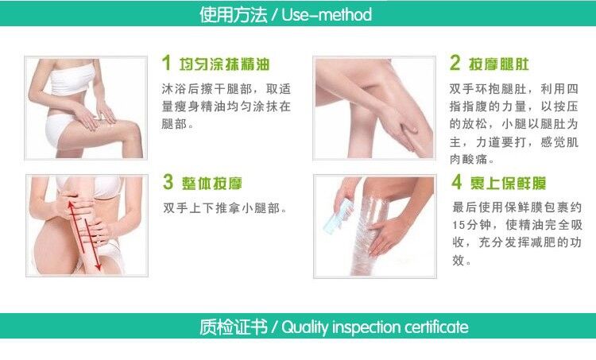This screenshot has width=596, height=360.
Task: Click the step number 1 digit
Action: pyautogui.click(x=166, y=63)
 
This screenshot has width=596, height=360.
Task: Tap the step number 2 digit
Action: pyautogui.click(x=455, y=63)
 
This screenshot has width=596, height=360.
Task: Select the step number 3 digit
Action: pyautogui.click(x=168, y=182)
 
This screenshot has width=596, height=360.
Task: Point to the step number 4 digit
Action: pyautogui.click(x=457, y=182)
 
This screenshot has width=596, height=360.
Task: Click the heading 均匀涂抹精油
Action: pyautogui.click(x=224, y=64)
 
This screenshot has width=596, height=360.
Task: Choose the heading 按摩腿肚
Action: pyautogui.click(x=499, y=64)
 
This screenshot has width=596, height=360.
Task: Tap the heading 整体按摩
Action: pyautogui.click(x=211, y=184)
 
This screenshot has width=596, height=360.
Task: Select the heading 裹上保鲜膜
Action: pyautogui.click(x=508, y=184)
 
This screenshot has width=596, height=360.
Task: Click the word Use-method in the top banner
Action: pyautogui.click(x=327, y=14)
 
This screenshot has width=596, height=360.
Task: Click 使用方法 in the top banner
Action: pyautogui.click(x=233, y=14)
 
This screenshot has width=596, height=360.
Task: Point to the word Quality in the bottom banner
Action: pyautogui.click(x=305, y=327)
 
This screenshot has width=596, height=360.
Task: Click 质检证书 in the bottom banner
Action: pyautogui.click(x=234, y=327)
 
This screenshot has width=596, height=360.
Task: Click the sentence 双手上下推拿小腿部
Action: pyautogui.click(x=225, y=208)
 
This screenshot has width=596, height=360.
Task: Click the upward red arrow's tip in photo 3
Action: pyautogui.click(x=70, y=202)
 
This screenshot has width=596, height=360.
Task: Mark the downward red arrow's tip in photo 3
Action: pyautogui.click(x=99, y=269)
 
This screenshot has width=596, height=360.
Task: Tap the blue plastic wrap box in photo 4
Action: pyautogui.click(x=337, y=217)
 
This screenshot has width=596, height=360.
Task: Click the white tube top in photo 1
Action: pyautogui.click(x=72, y=79)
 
